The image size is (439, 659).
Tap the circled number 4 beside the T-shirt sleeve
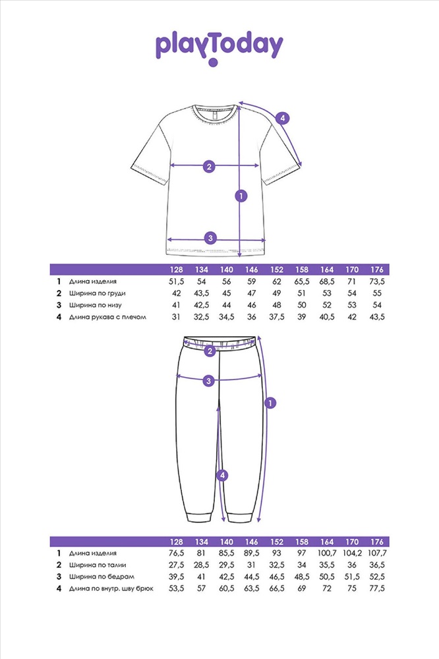(x=282, y=119)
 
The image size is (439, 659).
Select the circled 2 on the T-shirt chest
(x=209, y=166)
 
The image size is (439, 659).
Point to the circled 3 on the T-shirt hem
(x=210, y=238)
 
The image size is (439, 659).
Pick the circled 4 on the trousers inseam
(x=223, y=474)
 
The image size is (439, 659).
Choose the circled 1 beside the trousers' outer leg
(x=270, y=403)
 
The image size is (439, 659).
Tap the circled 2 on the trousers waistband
(x=210, y=351)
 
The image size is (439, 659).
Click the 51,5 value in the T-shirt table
(x=176, y=281)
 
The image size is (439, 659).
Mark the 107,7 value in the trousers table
(x=376, y=553)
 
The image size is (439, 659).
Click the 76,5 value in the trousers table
(x=176, y=553)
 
